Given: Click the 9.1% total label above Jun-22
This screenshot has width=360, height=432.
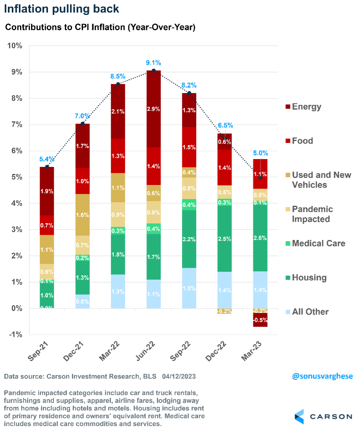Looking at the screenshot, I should [154, 63].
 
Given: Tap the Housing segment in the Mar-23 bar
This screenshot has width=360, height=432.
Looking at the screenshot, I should [261, 237].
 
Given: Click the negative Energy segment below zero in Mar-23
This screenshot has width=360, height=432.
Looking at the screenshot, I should [261, 320].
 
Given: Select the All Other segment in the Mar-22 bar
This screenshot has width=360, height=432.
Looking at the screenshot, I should [118, 291].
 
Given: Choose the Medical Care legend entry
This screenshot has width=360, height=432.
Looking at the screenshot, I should [318, 243].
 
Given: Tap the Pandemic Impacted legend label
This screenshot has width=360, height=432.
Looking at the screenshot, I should [312, 214].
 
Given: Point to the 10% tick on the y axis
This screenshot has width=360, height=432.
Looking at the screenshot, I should [15, 46].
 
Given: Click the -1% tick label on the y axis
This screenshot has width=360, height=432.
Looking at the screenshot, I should [15, 335].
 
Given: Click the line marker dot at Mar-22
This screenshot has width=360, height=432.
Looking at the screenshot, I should [118, 84].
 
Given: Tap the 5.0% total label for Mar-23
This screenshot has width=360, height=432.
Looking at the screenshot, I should [260, 153].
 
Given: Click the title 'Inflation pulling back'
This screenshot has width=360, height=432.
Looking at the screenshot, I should [61, 8].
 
